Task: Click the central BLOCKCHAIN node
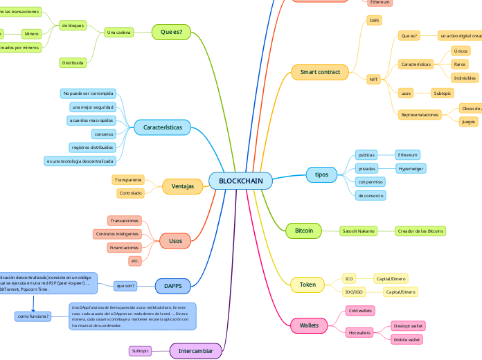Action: pyautogui.click(x=240, y=181)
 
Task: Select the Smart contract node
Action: pyautogui.click(x=320, y=71)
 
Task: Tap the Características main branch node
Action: pyautogui.click(x=163, y=127)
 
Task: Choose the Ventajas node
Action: pyautogui.click(x=177, y=186)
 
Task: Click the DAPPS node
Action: pyautogui.click(x=172, y=285)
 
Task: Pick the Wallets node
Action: pyautogui.click(x=309, y=325)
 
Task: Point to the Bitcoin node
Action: pyautogui.click(x=304, y=231)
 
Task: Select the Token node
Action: pyautogui.click(x=307, y=285)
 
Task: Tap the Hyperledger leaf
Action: pyautogui.click(x=411, y=168)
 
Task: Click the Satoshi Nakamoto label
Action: pyautogui.click(x=358, y=231)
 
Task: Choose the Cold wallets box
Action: pyautogui.click(x=360, y=311)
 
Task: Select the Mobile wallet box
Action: pyautogui.click(x=408, y=339)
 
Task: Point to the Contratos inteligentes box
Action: pyautogui.click(x=117, y=234)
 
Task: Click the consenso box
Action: pyautogui.click(x=103, y=134)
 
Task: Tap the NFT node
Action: pyautogui.click(x=374, y=80)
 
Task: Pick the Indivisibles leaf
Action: pyautogui.click(x=465, y=78)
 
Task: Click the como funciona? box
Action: pyautogui.click(x=33, y=316)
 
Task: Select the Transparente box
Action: pyautogui.click(x=128, y=179)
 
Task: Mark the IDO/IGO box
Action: pyautogui.click(x=355, y=292)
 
